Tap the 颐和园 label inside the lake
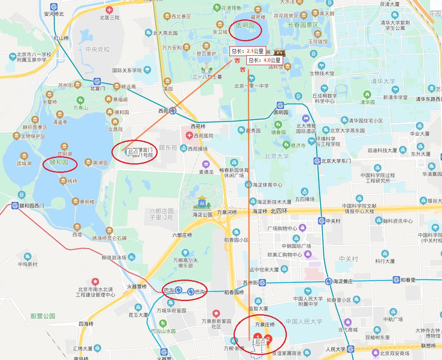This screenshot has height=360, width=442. tap(61, 163)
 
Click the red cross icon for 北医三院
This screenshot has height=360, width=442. tap(109, 10)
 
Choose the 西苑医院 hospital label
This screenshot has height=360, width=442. tap(202, 136)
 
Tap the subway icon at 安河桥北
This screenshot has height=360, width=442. tap(54, 7)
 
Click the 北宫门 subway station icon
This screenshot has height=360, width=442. tap(97, 81)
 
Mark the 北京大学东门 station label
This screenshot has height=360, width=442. tap(336, 161)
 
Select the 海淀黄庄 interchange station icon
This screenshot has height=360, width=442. tap(329, 281)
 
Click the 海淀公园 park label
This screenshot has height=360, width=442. tap(202, 214)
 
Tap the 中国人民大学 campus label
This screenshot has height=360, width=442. tap(303, 322)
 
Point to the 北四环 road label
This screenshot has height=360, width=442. tap(279, 211)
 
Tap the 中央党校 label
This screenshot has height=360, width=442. tap(98, 49)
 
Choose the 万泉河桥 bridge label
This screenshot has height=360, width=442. tap(226, 212)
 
